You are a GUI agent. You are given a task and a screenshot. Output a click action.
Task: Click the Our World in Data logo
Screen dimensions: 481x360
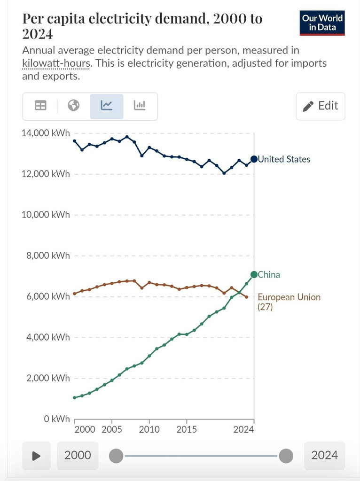coord(322,22)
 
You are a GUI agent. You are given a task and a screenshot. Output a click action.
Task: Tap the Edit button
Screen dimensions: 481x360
coord(321,106)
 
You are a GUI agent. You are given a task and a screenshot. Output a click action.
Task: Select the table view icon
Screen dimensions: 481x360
coord(41,106)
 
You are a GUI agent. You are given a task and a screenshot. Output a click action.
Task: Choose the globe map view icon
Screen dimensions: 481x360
coord(73,106)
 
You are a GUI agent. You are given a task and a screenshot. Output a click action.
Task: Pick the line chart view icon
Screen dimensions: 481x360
coord(107,106)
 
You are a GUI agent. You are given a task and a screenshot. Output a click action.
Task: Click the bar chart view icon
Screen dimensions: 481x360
coord(140,106)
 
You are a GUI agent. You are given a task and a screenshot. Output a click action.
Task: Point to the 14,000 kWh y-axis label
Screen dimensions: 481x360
coord(46,133)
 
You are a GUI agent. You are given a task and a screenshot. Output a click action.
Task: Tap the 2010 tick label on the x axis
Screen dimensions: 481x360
coord(149,429)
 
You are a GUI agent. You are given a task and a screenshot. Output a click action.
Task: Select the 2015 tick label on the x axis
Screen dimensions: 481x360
coord(187,429)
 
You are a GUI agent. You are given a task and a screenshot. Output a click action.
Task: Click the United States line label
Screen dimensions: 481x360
coord(284,159)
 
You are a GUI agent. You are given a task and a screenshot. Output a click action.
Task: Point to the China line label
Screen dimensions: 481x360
coord(269,274)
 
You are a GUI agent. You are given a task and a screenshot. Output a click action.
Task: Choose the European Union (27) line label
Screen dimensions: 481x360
coord(289,302)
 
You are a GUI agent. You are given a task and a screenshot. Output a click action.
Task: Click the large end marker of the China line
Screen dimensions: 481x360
coord(254,274)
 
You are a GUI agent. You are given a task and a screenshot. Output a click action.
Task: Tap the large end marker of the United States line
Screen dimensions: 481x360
coord(254,159)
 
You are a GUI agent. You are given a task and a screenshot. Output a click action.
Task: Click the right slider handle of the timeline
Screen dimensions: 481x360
coord(286,456)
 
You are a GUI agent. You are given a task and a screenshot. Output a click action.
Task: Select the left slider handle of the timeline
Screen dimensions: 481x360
coord(116,456)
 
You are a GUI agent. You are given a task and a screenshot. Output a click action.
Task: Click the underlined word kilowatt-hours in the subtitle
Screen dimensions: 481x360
coord(55,63)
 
